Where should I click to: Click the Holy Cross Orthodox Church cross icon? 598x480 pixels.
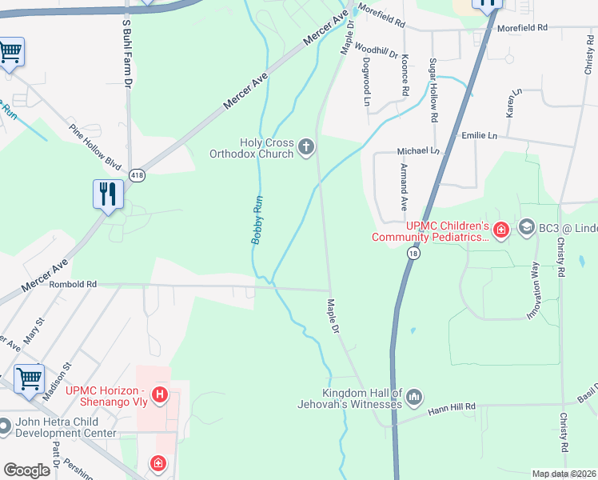pos(305,147)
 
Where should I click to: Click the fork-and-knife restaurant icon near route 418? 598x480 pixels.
pos(108,194)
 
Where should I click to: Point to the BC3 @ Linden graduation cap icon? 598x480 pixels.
pos(527,228)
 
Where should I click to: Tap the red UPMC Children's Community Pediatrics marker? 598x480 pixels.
pos(500,231)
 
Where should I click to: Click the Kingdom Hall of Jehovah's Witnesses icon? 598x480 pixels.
pos(414,397)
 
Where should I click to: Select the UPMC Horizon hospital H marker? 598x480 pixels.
pos(160,394)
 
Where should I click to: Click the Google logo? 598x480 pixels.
pos(26,471)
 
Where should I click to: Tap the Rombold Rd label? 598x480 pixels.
pos(73,284)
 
